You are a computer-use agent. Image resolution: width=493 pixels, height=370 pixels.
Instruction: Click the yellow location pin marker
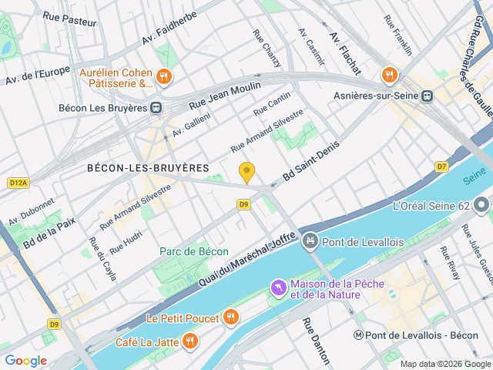tap(246, 172)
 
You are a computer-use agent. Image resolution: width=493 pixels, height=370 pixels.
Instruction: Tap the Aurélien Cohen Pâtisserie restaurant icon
tap(163, 76)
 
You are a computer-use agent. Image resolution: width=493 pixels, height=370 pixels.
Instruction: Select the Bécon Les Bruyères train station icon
tap(156, 108)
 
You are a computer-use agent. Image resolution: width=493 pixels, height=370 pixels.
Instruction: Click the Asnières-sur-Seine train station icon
tap(427, 96)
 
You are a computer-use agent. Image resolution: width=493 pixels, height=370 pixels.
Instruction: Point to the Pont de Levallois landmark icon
tap(310, 242)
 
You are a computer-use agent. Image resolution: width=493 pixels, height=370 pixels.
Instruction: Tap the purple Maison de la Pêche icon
tap(277, 288)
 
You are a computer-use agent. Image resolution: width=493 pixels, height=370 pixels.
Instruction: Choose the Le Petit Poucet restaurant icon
tap(230, 317)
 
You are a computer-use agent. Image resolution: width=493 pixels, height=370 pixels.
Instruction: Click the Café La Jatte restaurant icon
tap(189, 341)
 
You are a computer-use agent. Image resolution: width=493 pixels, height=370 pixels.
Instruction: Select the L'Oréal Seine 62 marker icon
tap(481, 205)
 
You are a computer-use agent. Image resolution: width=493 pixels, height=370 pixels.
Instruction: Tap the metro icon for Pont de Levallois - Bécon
tap(359, 335)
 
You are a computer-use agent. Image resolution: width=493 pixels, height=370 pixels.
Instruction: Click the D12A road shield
tap(18, 183)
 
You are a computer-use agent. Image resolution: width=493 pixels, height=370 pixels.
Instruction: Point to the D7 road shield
tap(441, 166)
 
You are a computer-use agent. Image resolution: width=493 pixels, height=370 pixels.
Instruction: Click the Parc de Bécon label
tap(194, 251)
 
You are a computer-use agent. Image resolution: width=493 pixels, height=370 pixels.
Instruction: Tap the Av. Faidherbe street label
tap(169, 27)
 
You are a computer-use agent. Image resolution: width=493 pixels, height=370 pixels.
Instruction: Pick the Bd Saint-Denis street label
tap(311, 166)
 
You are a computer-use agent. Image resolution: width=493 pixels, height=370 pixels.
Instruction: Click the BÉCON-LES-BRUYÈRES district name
tap(148, 167)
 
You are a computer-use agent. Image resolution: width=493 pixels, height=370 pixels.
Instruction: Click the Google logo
tap(25, 360)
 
